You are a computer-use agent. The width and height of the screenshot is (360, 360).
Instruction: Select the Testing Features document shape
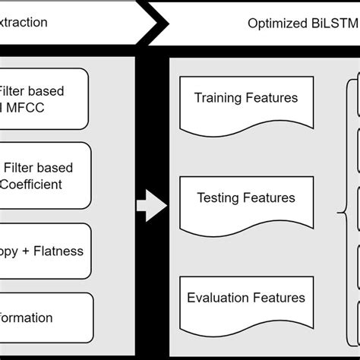click(x=246, y=203)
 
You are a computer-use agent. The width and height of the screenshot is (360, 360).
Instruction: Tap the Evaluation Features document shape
click(x=246, y=302)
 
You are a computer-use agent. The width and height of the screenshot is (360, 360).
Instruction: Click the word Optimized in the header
click(x=274, y=23)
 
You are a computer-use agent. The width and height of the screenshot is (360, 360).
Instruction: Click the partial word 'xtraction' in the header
click(x=24, y=22)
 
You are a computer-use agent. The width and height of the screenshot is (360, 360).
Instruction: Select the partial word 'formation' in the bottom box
click(x=27, y=317)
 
